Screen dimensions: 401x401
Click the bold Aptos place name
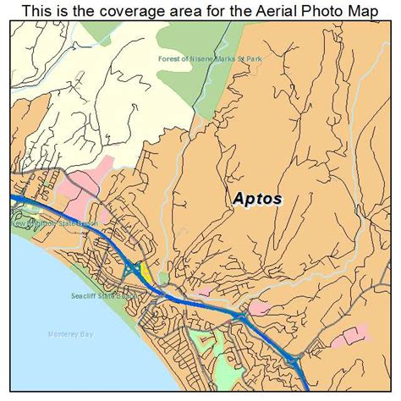pyautogui.click(x=258, y=200)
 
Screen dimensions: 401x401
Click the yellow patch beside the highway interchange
pyautogui.click(x=146, y=272)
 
